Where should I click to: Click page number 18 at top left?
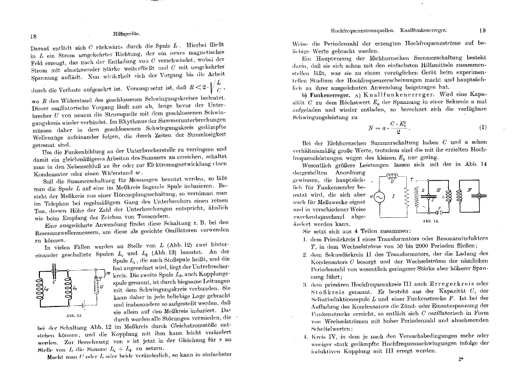point(33,36)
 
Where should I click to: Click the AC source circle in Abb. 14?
point(377,196)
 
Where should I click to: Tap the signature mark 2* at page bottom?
point(460,359)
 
